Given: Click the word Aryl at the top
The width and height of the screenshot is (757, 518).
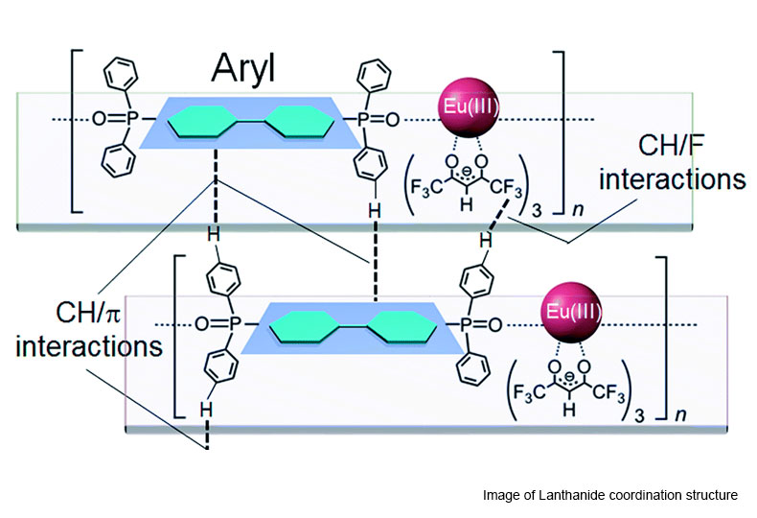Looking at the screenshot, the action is [243, 68].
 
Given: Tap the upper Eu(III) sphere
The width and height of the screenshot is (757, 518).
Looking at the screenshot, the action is [468, 106].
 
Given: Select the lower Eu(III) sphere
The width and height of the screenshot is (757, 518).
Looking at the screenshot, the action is [572, 313].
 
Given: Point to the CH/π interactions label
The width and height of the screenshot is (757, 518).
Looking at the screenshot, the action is [89, 329].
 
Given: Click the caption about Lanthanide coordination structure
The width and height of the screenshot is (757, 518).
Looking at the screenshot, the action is [610, 495].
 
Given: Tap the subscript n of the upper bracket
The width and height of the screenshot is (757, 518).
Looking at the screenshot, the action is [578, 209].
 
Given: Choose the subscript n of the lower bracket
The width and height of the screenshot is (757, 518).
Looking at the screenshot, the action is [681, 414].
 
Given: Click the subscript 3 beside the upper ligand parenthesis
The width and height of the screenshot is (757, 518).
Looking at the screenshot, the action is [537, 211].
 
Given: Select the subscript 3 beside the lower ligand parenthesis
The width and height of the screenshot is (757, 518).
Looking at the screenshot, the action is [639, 416].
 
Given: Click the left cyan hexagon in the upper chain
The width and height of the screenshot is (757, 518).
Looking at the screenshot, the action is [201, 121].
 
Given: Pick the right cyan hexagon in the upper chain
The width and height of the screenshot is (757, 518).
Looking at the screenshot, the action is [300, 121].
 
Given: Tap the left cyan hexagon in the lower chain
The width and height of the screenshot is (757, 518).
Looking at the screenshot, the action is [305, 327].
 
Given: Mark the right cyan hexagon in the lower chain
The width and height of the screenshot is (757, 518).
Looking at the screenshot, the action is [402, 327].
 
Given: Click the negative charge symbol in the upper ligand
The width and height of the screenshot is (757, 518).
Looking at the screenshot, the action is [467, 172].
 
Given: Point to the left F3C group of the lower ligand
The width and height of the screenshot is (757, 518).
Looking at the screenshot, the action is [529, 392].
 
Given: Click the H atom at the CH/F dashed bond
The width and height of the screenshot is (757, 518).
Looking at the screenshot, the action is [486, 240].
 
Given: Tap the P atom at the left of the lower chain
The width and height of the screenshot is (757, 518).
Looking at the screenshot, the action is [234, 324].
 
